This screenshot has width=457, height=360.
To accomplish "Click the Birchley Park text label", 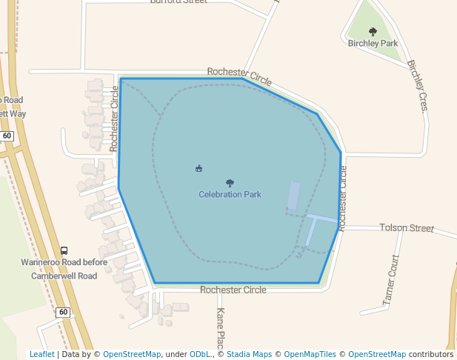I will click(373, 43).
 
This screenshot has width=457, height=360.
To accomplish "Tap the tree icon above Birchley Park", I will click(373, 32).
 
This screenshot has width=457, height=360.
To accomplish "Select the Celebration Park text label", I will click(230, 195).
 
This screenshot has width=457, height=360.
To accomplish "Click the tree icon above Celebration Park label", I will click(230, 183).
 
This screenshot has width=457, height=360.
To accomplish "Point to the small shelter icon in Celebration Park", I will click(199, 169).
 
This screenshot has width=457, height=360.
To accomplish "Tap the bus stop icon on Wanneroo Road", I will click(64, 251).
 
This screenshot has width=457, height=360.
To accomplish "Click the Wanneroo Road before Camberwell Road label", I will click(64, 269).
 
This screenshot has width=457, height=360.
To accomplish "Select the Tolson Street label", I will click(407, 227).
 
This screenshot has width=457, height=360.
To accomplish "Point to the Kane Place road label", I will click(219, 326).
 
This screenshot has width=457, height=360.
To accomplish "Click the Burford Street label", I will click(179, 2).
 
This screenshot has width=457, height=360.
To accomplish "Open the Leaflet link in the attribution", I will click(41, 354).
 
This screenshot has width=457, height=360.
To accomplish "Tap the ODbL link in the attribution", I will click(201, 354).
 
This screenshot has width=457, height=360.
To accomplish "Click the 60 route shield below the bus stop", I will click(63, 313).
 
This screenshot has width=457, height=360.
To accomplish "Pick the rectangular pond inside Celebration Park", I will click(294, 195).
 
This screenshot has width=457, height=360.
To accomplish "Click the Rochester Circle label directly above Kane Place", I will click(233, 290).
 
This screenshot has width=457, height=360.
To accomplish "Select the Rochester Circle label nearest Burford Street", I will click(239, 74).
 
